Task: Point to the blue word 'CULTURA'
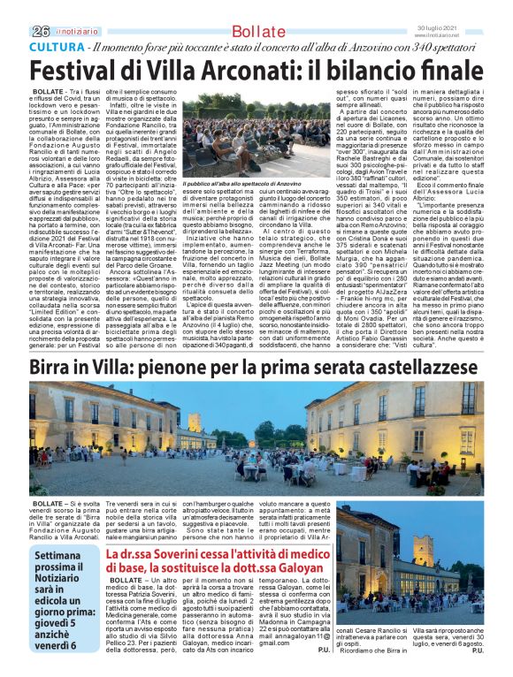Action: click(57, 46)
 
